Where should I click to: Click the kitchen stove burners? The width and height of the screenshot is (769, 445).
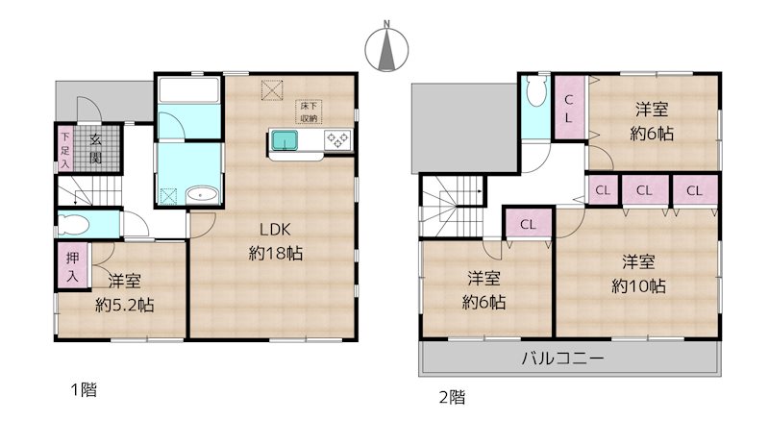[x=339, y=140]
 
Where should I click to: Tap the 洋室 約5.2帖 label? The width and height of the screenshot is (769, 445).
[x=125, y=292]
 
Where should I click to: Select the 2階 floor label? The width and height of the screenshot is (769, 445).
[x=452, y=395]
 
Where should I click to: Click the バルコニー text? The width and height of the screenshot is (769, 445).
[x=562, y=359]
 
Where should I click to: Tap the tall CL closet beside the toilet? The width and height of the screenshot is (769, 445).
[x=569, y=108]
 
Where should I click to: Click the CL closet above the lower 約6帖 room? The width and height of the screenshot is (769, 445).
[x=528, y=225]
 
